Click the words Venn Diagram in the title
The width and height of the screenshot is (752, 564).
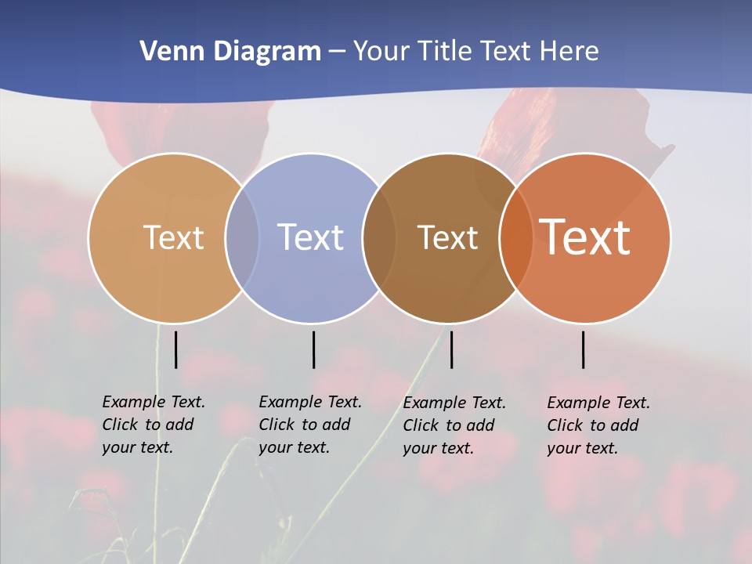tap(230, 52)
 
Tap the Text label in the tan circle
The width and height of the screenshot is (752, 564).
tap(173, 237)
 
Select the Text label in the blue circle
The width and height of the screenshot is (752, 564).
tap(311, 237)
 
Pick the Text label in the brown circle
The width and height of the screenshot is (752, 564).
tap(447, 237)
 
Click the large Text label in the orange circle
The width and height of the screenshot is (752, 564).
tap(585, 237)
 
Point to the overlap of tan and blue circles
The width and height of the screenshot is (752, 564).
tap(242, 238)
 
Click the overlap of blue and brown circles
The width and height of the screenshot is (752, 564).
tap(379, 238)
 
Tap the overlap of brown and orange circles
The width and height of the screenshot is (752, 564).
tap(516, 238)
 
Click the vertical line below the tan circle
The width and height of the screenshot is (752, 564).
tap(175, 349)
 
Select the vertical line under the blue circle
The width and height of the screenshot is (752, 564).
tap(313, 349)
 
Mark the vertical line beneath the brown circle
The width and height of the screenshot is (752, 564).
tap(451, 349)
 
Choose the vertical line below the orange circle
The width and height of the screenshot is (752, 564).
tap(583, 349)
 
